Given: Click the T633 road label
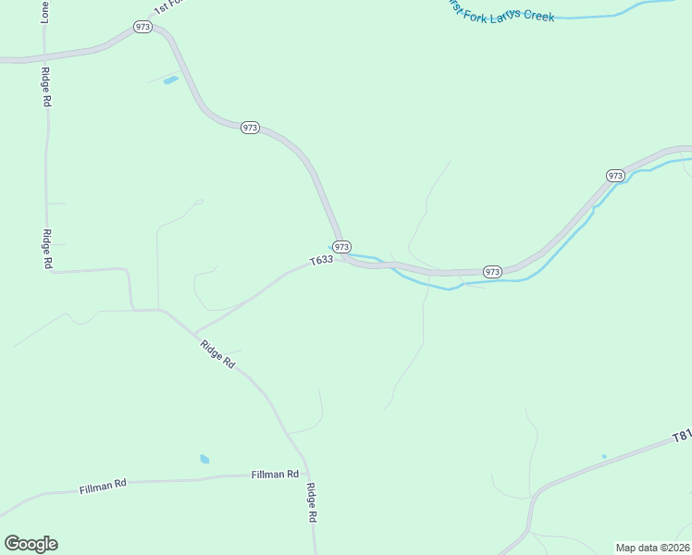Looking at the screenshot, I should [x=320, y=261].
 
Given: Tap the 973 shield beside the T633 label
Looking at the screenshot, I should [x=341, y=247].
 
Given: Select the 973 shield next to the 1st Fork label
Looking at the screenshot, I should [x=142, y=27].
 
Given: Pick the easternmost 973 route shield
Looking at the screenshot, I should [x=616, y=176].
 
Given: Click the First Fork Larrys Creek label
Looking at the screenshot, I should [x=500, y=10].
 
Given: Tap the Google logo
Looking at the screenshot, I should [x=31, y=544].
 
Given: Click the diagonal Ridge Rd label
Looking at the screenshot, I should [x=217, y=355].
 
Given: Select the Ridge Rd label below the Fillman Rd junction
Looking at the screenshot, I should [x=312, y=503].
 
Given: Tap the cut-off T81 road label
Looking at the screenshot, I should [x=681, y=435].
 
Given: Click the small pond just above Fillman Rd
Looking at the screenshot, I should [x=204, y=459].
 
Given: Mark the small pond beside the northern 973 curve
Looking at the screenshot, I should [x=170, y=80].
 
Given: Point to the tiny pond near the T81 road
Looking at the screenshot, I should [x=604, y=456].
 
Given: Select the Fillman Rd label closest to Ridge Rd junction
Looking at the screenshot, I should [x=275, y=475].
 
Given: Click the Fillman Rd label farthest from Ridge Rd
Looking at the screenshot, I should [x=102, y=486].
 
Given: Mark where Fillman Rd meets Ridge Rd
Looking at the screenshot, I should [x=305, y=474].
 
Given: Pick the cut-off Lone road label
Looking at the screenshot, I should [x=44, y=11].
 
